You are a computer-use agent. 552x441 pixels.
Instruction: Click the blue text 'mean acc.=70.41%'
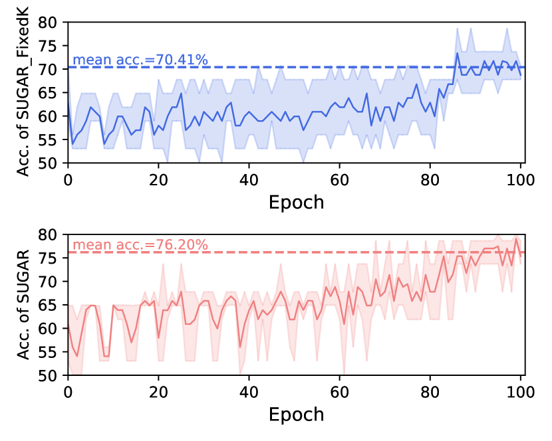[x=140, y=60]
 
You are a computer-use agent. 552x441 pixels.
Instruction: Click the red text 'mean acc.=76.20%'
[x=140, y=245]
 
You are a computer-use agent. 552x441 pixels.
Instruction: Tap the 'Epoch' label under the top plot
[x=296, y=201]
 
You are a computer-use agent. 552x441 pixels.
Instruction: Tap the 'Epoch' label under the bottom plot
[x=296, y=414]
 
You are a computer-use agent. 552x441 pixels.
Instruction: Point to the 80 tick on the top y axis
[x=51, y=22]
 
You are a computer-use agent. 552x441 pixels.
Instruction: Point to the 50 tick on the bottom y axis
[x=51, y=376]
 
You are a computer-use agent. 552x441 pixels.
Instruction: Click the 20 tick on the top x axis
[x=158, y=178]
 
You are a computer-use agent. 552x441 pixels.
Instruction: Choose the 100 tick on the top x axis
[x=521, y=178]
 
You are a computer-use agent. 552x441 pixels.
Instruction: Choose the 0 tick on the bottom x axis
[x=68, y=391]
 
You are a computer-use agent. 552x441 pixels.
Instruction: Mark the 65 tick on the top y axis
[x=51, y=92]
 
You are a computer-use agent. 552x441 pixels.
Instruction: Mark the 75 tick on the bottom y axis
[x=51, y=258]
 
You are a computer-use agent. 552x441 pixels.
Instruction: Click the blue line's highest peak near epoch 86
[x=458, y=53]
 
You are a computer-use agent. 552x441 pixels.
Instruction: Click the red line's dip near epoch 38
[x=240, y=347]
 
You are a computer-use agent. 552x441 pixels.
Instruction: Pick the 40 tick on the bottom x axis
[x=249, y=391]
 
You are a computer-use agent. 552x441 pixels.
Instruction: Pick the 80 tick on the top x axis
[x=430, y=178]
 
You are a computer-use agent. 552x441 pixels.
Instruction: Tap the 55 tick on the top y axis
[x=51, y=139]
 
